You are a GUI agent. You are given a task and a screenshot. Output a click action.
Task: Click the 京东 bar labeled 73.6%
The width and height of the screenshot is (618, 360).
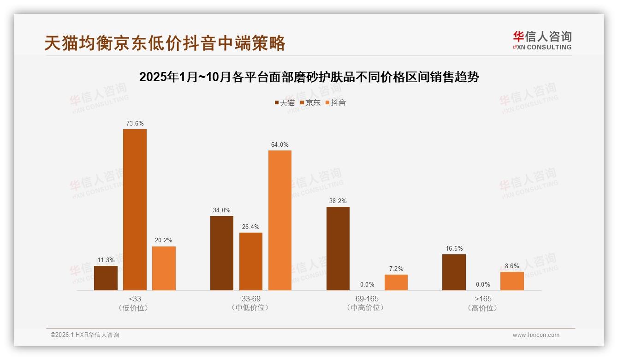click(135, 210)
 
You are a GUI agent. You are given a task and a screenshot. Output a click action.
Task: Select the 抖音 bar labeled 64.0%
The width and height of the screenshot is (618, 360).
click(280, 220)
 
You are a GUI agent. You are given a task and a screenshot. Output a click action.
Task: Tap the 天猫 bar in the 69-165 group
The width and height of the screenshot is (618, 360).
click(338, 248)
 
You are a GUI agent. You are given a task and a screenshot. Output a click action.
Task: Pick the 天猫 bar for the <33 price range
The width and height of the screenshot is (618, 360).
click(106, 278)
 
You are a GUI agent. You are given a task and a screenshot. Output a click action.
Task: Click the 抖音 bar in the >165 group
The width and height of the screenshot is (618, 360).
click(512, 281)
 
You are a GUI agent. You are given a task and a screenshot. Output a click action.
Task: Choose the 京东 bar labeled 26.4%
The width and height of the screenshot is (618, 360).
click(251, 261)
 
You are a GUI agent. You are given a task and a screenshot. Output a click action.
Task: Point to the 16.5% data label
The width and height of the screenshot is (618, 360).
click(454, 248)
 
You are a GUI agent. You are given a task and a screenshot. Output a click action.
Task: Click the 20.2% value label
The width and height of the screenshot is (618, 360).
click(164, 240)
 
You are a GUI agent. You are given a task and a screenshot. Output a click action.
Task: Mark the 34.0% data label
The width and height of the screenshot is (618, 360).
click(222, 210)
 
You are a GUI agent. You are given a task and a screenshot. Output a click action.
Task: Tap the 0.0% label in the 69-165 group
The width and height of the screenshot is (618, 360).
click(367, 284)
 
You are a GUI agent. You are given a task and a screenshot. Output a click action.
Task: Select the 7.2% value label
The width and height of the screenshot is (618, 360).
click(396, 269)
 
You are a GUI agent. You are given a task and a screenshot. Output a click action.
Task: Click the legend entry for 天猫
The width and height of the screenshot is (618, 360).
click(285, 102)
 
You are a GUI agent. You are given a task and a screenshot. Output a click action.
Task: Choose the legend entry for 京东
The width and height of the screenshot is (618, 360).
click(310, 102)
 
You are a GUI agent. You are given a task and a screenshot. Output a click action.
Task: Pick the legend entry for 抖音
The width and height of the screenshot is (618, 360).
click(336, 102)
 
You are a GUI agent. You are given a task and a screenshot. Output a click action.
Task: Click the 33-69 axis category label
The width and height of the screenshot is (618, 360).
click(251, 299)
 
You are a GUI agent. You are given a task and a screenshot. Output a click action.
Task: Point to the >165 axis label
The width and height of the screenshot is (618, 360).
click(483, 299)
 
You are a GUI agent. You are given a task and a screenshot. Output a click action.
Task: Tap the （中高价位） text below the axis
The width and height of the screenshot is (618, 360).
click(367, 308)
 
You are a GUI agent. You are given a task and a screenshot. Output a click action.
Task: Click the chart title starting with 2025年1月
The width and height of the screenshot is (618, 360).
click(309, 77)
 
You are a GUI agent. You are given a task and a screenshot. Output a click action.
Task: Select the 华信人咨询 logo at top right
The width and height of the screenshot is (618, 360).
click(542, 40)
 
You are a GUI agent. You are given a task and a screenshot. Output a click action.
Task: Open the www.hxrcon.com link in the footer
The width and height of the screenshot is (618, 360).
click(536, 335)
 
